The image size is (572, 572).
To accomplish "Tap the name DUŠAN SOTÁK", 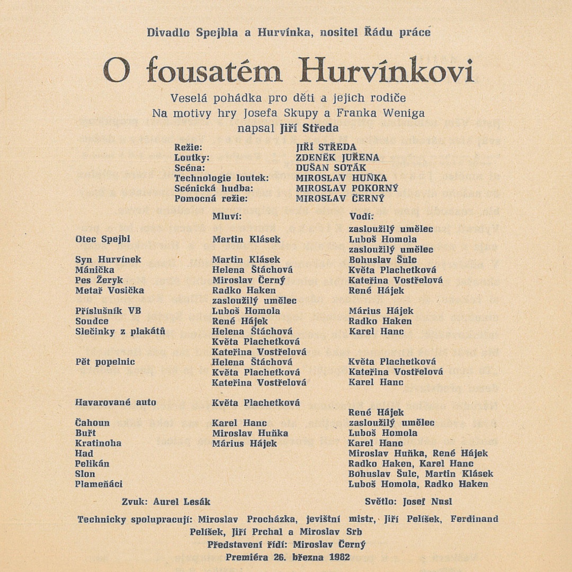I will tap(331, 168).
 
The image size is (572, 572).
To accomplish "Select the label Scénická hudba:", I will tap(207, 189).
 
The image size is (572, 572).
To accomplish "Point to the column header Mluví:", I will tap(227, 217).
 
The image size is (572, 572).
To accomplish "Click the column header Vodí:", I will tap(362, 217).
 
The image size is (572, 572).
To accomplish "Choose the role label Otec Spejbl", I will tap(103, 239).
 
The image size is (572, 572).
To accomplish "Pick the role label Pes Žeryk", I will tap(99, 280).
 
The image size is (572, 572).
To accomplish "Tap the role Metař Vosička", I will tap(110, 290).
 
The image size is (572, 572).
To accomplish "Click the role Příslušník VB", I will tap(109, 311).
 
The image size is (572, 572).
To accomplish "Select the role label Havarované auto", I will tap(116, 403).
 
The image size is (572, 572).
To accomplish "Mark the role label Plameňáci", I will tap(99, 484).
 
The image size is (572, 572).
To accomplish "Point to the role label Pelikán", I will tap(92, 463).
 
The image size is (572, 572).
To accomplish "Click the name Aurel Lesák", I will tap(182, 502).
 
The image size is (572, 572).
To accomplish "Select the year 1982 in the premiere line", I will tap(339, 557).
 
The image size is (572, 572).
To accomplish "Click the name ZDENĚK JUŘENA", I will tap(338, 158).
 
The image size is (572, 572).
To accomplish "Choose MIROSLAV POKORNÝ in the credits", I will tap(347, 189).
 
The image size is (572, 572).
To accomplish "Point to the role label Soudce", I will tap(92, 321).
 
